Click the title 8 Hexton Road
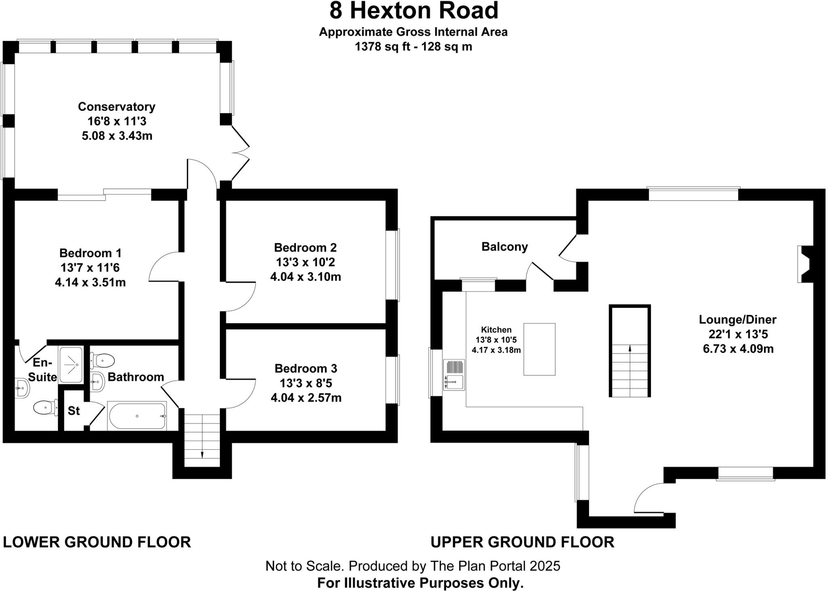tap(414, 11)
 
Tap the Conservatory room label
tap(116, 107)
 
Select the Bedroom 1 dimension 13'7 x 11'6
tap(90, 268)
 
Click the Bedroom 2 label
tap(305, 247)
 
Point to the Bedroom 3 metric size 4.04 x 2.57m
tap(306, 398)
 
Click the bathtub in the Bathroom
tap(137, 416)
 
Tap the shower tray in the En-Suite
tap(71, 364)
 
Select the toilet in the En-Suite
tap(45, 408)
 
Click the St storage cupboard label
tap(74, 411)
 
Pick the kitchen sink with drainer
tap(454, 374)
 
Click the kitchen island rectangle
tap(539, 349)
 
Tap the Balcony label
tap(505, 247)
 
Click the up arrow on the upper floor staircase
tap(629, 348)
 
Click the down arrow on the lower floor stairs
tap(202, 454)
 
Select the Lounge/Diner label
tap(737, 320)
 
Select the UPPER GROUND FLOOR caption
tap(522, 542)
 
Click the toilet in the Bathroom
tap(103, 359)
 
